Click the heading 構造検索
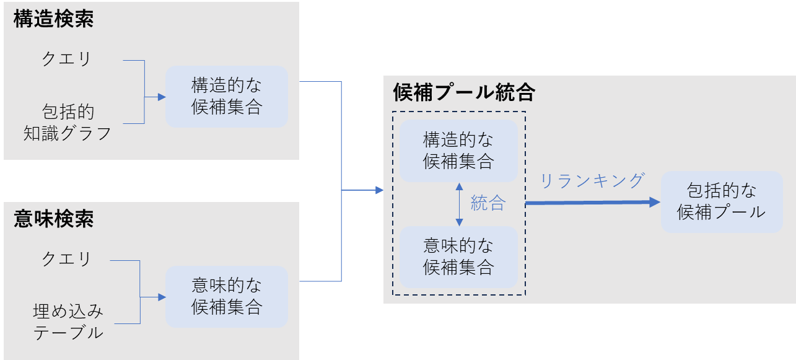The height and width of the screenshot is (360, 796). coord(54,19)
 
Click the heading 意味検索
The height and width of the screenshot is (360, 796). coord(54,219)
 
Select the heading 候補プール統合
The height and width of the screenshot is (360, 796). coord(464,93)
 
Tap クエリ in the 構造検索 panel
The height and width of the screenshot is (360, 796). coord(66,59)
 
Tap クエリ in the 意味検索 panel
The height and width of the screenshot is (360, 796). coord(66,259)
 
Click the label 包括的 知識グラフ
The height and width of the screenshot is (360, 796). coord(68,123)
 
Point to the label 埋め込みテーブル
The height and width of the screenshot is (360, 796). coord(68,322)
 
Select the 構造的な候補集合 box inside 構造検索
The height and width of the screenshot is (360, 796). coord(226,96)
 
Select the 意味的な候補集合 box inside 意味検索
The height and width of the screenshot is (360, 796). coord(226,296)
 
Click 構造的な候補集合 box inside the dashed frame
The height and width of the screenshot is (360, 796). coord(458,151)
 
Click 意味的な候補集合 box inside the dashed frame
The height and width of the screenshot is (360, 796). coord(458,257)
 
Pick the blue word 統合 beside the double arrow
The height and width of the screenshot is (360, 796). coord(488,203)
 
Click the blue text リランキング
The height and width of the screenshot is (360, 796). coord(593,181)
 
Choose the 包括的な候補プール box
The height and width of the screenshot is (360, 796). coord(721,201)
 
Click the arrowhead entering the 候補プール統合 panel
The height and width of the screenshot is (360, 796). coord(379,190)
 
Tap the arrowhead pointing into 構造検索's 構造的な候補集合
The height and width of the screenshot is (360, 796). coord(162,97)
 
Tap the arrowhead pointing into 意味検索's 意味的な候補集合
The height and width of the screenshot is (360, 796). coord(162,297)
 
